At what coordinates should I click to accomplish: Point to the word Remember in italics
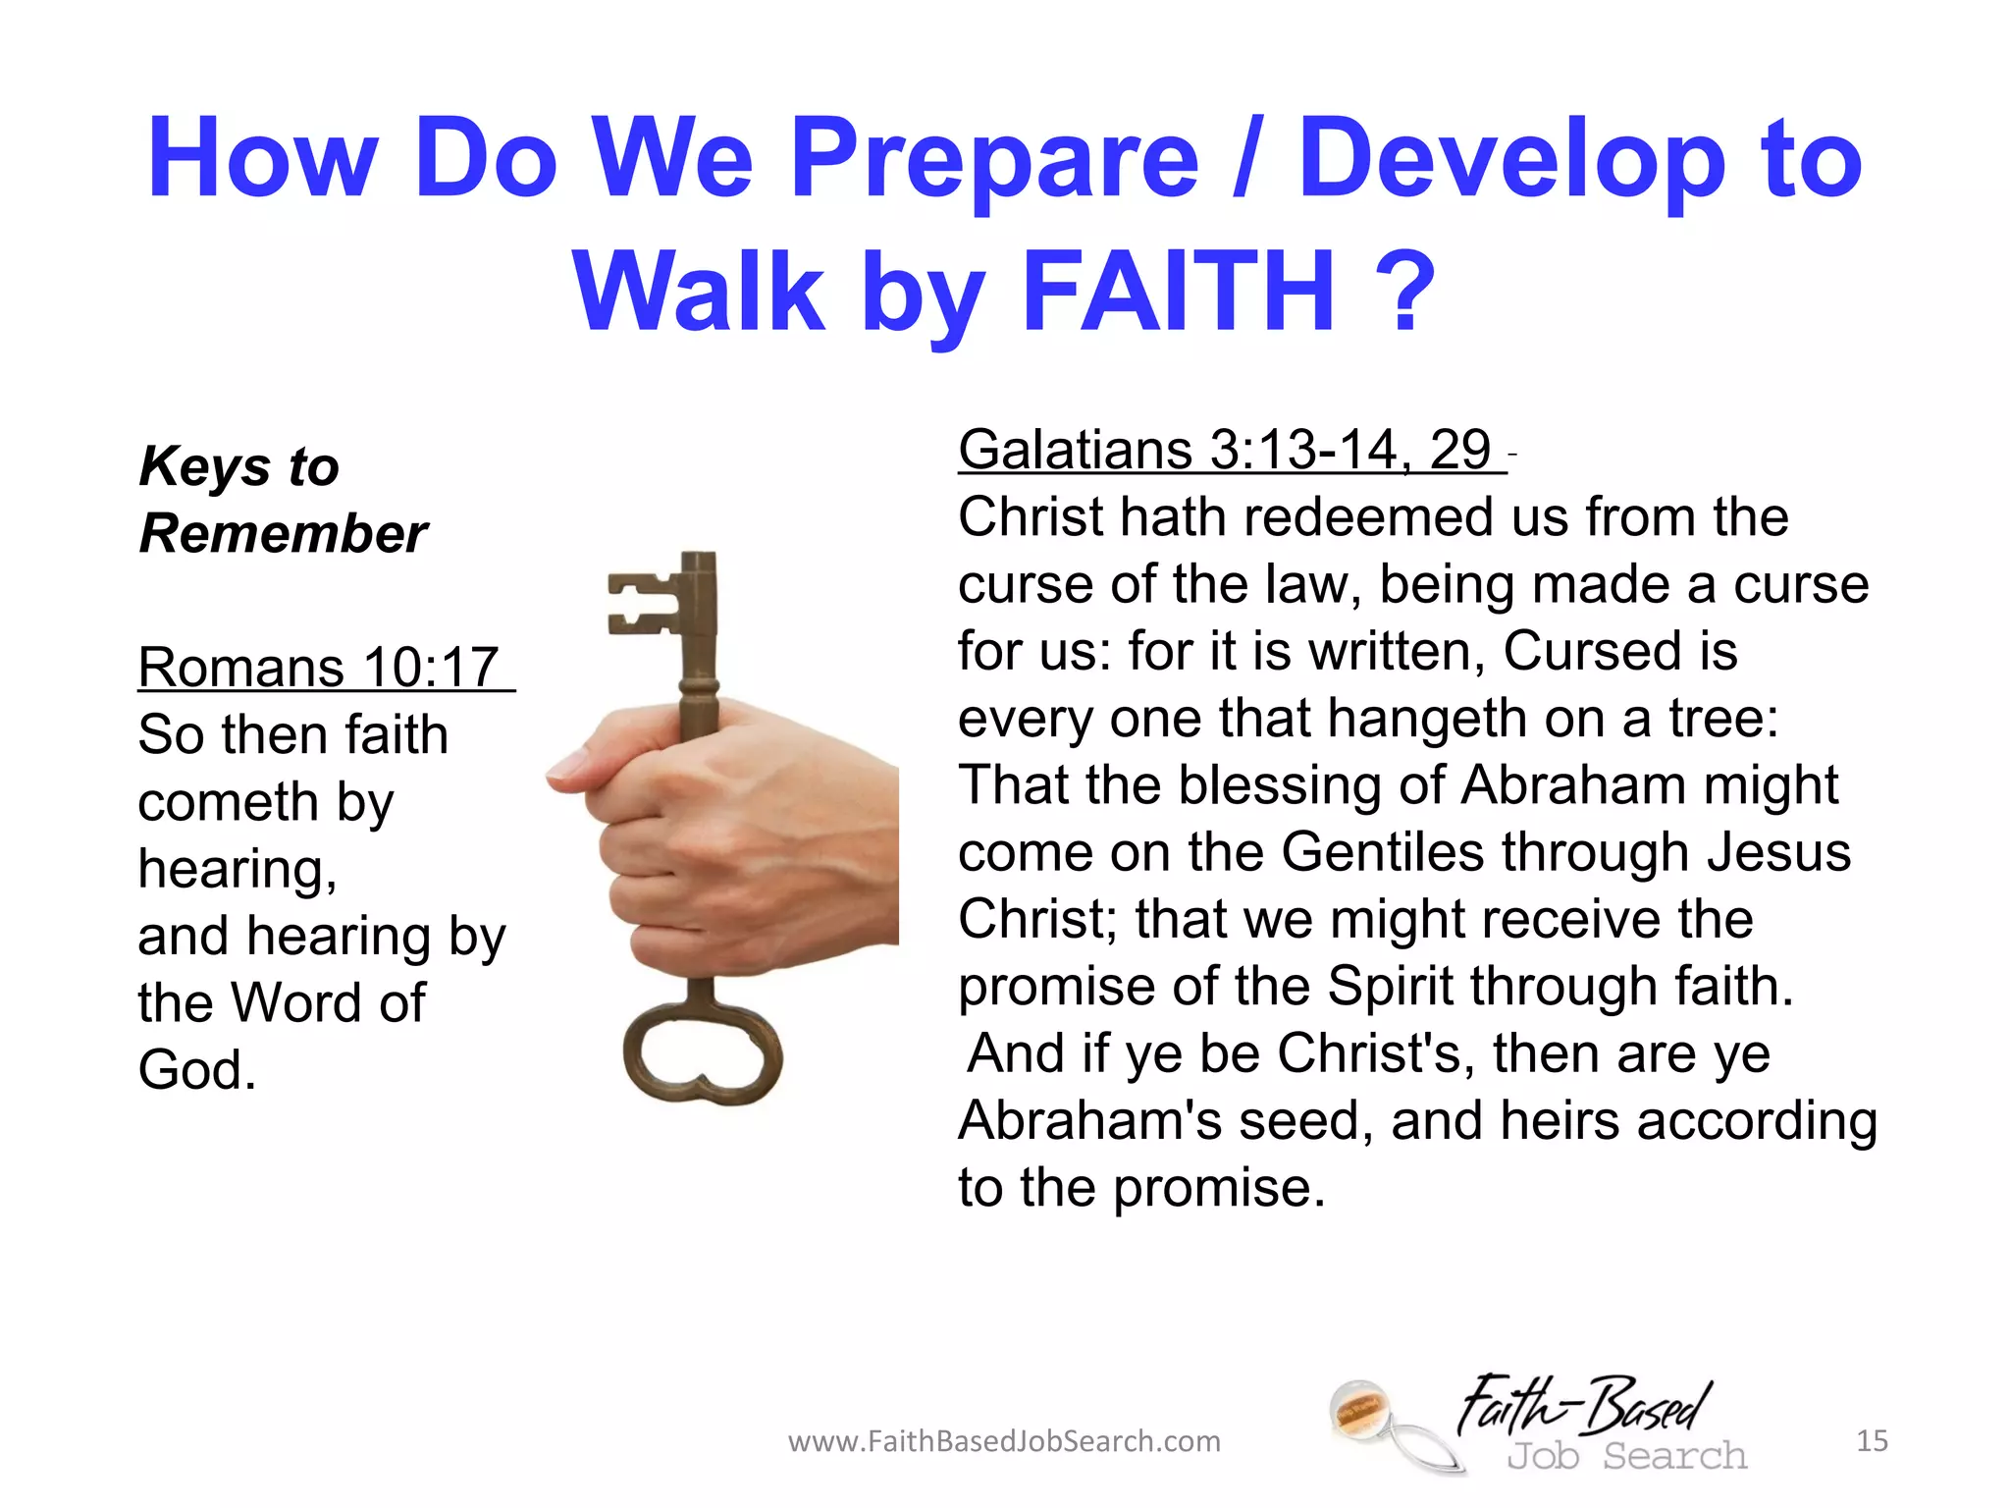[x=284, y=534]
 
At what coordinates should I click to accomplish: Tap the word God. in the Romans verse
[x=197, y=1069]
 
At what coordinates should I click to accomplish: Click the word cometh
[x=228, y=802]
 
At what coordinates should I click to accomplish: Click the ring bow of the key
[x=703, y=1055]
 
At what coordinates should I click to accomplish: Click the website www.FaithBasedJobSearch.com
[x=1004, y=1441]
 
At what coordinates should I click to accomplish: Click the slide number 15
[x=1872, y=1440]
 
